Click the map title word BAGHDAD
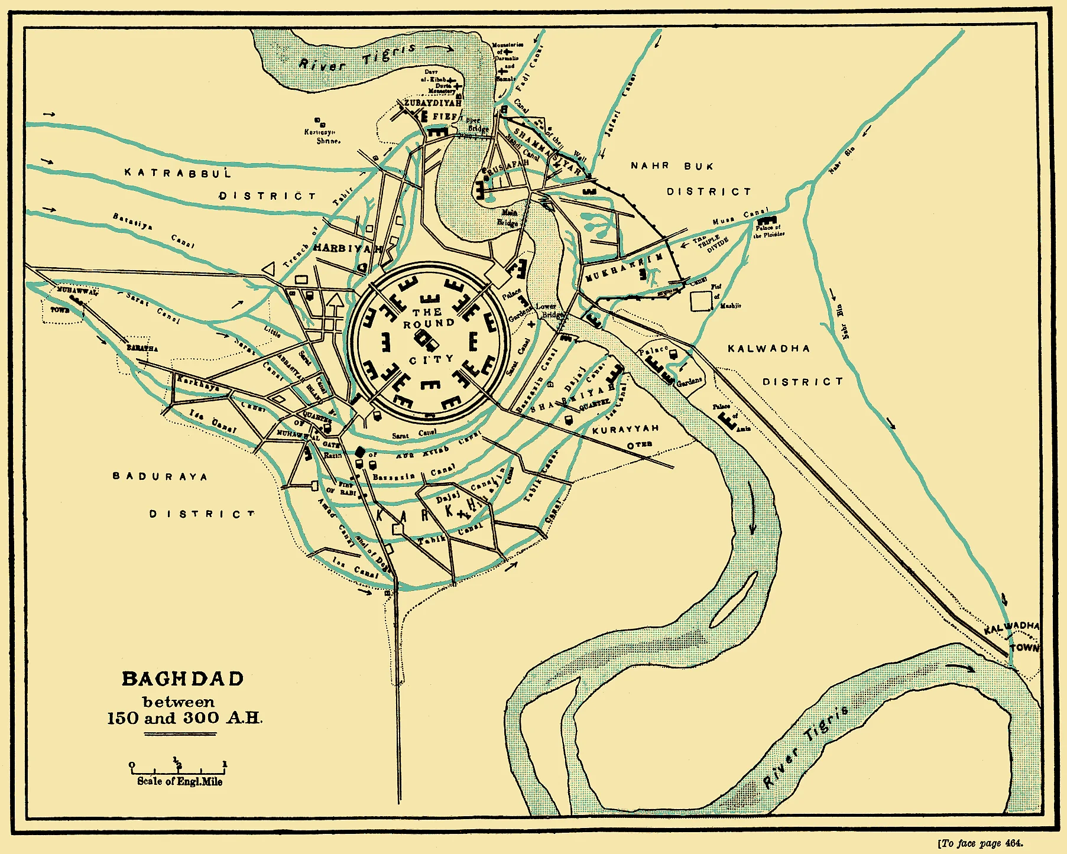(x=183, y=678)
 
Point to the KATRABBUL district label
(x=178, y=173)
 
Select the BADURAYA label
(x=160, y=476)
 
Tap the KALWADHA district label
(x=768, y=349)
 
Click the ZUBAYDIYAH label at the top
(x=432, y=103)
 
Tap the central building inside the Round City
(x=426, y=339)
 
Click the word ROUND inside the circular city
(x=429, y=324)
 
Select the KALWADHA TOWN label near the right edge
(x=1017, y=635)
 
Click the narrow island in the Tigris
(x=733, y=600)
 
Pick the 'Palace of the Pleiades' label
(x=768, y=230)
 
